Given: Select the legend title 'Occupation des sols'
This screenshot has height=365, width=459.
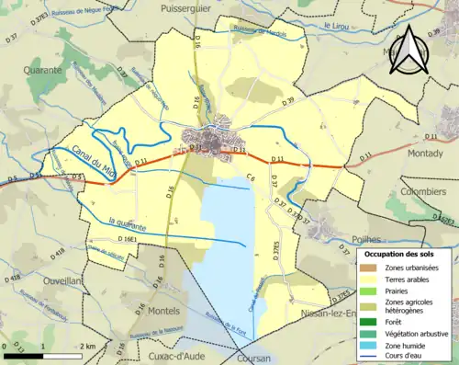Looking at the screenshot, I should [x=406, y=253].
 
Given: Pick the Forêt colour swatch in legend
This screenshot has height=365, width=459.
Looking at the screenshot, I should [x=370, y=322].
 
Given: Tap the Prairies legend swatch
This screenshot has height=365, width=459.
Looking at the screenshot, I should [x=370, y=291].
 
